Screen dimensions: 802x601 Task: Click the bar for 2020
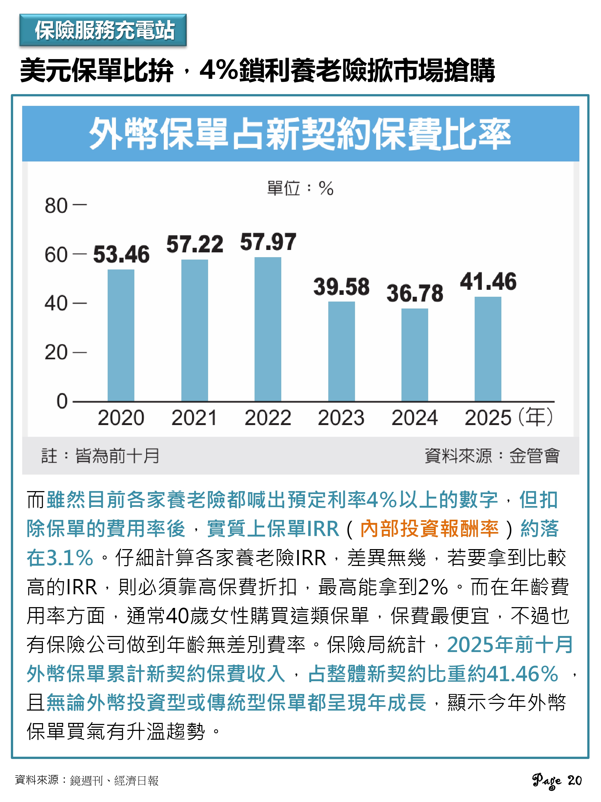point(121,336)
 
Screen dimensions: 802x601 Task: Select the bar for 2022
point(268,329)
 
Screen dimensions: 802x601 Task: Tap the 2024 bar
point(415,355)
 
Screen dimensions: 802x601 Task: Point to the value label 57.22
point(194,244)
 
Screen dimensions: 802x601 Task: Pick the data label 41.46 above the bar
point(488,282)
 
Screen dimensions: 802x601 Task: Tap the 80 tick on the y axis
point(56,206)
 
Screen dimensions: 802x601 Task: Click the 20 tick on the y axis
point(56,352)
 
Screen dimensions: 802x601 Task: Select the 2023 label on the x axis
point(341,418)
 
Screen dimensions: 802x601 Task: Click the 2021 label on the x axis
point(194,418)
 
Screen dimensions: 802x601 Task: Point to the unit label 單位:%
point(300,188)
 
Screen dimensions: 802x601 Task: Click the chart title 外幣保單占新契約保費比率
point(300,134)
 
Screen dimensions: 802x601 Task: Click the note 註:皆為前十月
point(100,456)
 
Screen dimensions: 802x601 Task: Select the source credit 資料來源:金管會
point(492,456)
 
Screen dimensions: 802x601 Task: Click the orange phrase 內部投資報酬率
point(429,529)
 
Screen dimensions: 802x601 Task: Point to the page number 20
point(574,780)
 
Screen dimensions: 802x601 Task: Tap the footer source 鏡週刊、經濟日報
point(114,781)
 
